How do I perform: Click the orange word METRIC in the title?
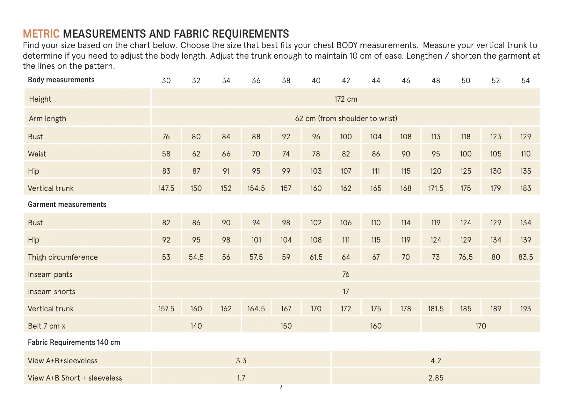click(41, 34)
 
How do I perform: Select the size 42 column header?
click(346, 81)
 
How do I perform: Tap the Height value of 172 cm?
click(346, 99)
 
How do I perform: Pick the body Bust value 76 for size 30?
click(166, 137)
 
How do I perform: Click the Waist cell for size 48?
click(436, 154)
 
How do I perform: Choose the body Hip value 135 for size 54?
click(525, 171)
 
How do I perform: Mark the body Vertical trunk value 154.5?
click(256, 188)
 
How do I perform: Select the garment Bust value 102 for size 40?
click(316, 223)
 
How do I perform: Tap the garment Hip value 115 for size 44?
click(376, 240)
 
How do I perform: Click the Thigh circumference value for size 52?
click(495, 257)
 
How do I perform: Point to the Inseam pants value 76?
click(346, 274)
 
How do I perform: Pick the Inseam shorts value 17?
click(346, 292)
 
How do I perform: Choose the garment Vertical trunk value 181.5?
click(436, 309)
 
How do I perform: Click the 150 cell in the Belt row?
click(286, 326)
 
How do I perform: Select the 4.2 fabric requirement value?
click(436, 361)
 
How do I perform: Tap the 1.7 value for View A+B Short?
click(241, 378)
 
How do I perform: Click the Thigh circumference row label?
click(63, 257)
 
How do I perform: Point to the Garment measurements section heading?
click(67, 204)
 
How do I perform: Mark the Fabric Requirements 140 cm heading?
click(74, 342)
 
